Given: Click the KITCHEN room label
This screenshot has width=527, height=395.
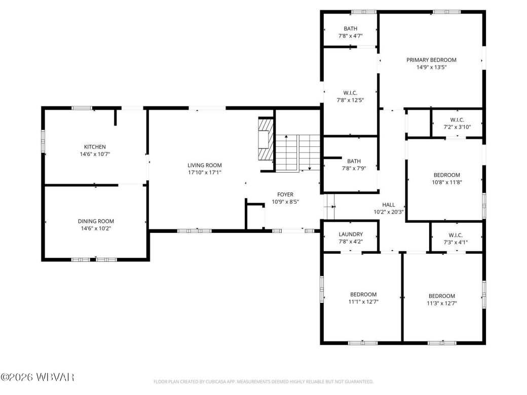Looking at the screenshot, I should point(95,147).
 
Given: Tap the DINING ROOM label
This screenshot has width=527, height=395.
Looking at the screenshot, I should point(95,221).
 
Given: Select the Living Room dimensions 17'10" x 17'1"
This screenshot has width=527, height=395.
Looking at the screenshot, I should point(204,172).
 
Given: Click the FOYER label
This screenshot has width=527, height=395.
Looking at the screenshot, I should point(285,194).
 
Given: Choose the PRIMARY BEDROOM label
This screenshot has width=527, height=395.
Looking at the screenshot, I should point(431,60).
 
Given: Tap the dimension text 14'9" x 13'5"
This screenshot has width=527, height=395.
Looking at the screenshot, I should point(431,67).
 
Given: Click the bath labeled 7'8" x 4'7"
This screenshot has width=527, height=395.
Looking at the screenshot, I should point(350,32).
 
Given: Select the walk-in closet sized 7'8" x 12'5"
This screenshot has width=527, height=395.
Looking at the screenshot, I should point(350,96).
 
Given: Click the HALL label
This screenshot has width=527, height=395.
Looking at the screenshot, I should point(389,205).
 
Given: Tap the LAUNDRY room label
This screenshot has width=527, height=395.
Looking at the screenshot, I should point(350,234).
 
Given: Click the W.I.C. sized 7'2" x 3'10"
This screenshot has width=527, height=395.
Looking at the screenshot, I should point(457,124).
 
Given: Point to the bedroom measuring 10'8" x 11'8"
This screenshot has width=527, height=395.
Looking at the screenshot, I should point(446,178).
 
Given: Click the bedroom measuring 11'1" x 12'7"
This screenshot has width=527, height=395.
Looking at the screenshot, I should point(364,298).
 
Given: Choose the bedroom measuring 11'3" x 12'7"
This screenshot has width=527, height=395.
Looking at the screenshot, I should point(441,299).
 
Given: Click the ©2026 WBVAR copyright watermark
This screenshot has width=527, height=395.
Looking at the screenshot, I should point(38,377).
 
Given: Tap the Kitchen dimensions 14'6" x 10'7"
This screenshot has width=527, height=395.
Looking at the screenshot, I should point(95,154).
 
